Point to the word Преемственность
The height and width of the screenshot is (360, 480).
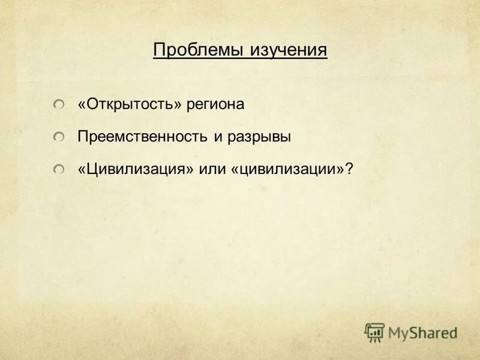(142, 137)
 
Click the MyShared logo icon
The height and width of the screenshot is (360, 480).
(374, 332)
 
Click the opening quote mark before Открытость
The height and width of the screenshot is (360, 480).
(82, 105)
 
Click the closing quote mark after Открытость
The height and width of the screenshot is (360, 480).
(178, 105)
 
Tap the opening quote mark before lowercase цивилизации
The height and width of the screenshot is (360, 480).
(235, 170)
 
